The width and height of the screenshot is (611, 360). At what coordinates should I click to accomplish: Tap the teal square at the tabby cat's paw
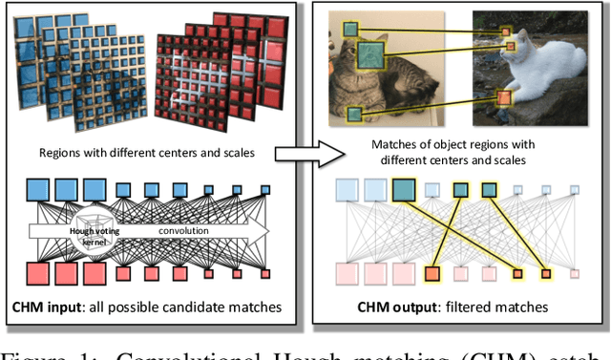[354, 114]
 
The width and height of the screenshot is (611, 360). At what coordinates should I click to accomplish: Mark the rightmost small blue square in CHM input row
[264, 190]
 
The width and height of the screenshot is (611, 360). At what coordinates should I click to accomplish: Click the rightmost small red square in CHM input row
[264, 274]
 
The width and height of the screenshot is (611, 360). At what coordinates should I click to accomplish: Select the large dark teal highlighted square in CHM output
[403, 189]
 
